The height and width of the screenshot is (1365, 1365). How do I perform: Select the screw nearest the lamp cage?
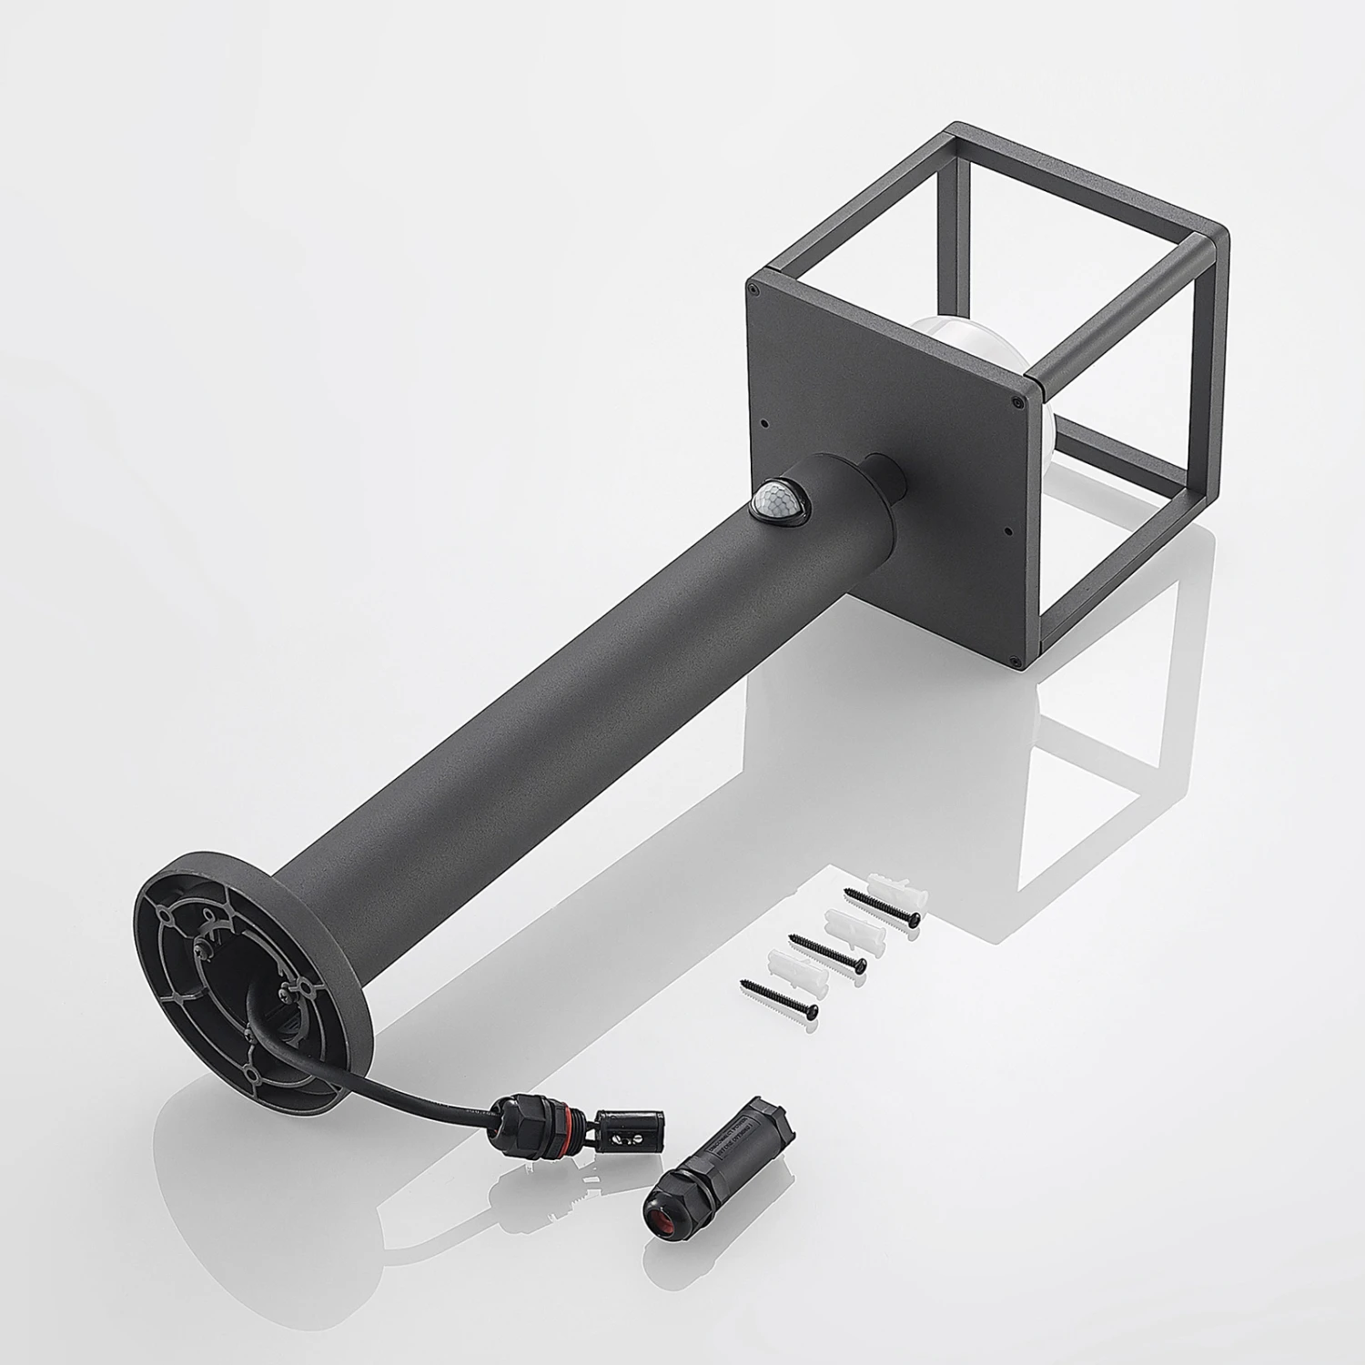pyautogui.click(x=882, y=907)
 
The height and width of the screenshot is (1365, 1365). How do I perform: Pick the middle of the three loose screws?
pyautogui.click(x=827, y=952)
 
